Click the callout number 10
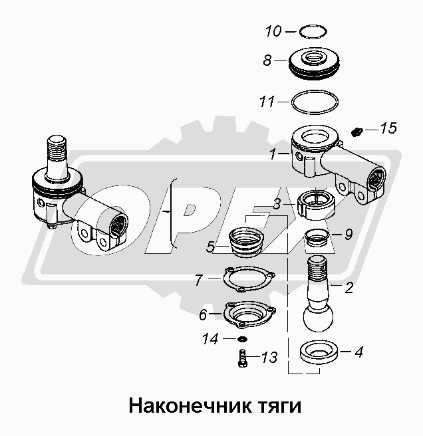coord(273,31)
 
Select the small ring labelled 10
coord(313,26)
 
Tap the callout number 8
coord(267,60)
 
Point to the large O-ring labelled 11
coord(315,92)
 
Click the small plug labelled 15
coord(356,132)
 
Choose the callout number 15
coord(388,128)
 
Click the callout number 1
coord(273,154)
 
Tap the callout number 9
coord(349,234)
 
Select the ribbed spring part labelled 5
coord(247,241)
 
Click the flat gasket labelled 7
coord(249,269)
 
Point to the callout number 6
coord(203,314)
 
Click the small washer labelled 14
coord(243,339)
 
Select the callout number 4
coord(358,352)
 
